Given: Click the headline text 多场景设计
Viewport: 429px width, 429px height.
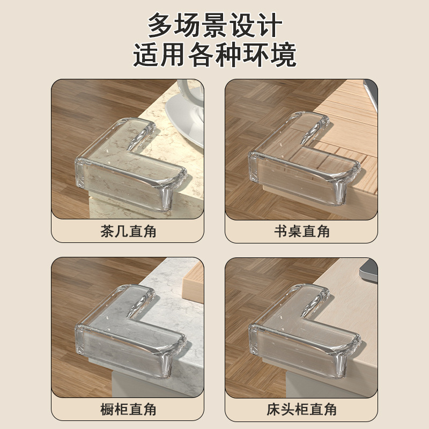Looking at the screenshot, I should pos(214,26).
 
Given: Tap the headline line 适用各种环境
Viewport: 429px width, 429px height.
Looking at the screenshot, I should pos(214,56).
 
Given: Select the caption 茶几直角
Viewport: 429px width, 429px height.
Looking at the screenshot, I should pos(128,232).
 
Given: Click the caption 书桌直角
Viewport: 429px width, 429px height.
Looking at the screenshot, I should pos(301,232).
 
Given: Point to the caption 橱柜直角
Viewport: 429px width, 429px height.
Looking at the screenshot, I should pos(128,410).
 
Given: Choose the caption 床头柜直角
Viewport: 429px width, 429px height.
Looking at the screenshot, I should pos(301,410).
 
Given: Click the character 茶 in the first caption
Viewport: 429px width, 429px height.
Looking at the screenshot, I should pos(107,232).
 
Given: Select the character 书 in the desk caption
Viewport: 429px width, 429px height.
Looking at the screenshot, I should pos(280,232).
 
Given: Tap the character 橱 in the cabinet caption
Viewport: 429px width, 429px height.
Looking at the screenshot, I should pos(107,410).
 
